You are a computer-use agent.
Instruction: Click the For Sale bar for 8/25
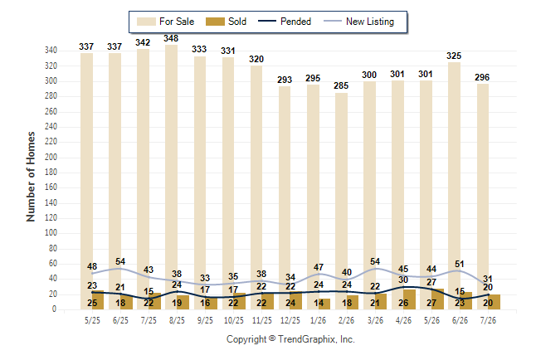171,177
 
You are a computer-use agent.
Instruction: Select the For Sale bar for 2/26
341,201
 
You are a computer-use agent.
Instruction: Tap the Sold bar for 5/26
437,299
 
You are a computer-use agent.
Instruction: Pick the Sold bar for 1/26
324,304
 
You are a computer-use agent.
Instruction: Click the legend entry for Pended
285,22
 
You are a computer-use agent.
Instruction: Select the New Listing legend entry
358,22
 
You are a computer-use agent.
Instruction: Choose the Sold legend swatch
215,22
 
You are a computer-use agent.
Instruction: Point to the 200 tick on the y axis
51,157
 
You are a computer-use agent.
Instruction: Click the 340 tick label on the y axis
51,51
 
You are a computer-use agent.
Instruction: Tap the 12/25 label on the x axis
290,320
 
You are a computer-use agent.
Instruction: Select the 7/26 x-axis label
488,320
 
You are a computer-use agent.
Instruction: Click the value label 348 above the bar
171,38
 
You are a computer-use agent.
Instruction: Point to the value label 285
341,85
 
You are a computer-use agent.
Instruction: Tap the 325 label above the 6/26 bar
454,56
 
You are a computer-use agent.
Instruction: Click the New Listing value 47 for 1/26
319,267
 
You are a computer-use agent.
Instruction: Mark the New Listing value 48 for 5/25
92,266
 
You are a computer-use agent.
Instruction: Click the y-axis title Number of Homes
31,177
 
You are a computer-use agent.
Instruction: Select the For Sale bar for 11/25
256,187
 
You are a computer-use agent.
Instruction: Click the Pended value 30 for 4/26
403,280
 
